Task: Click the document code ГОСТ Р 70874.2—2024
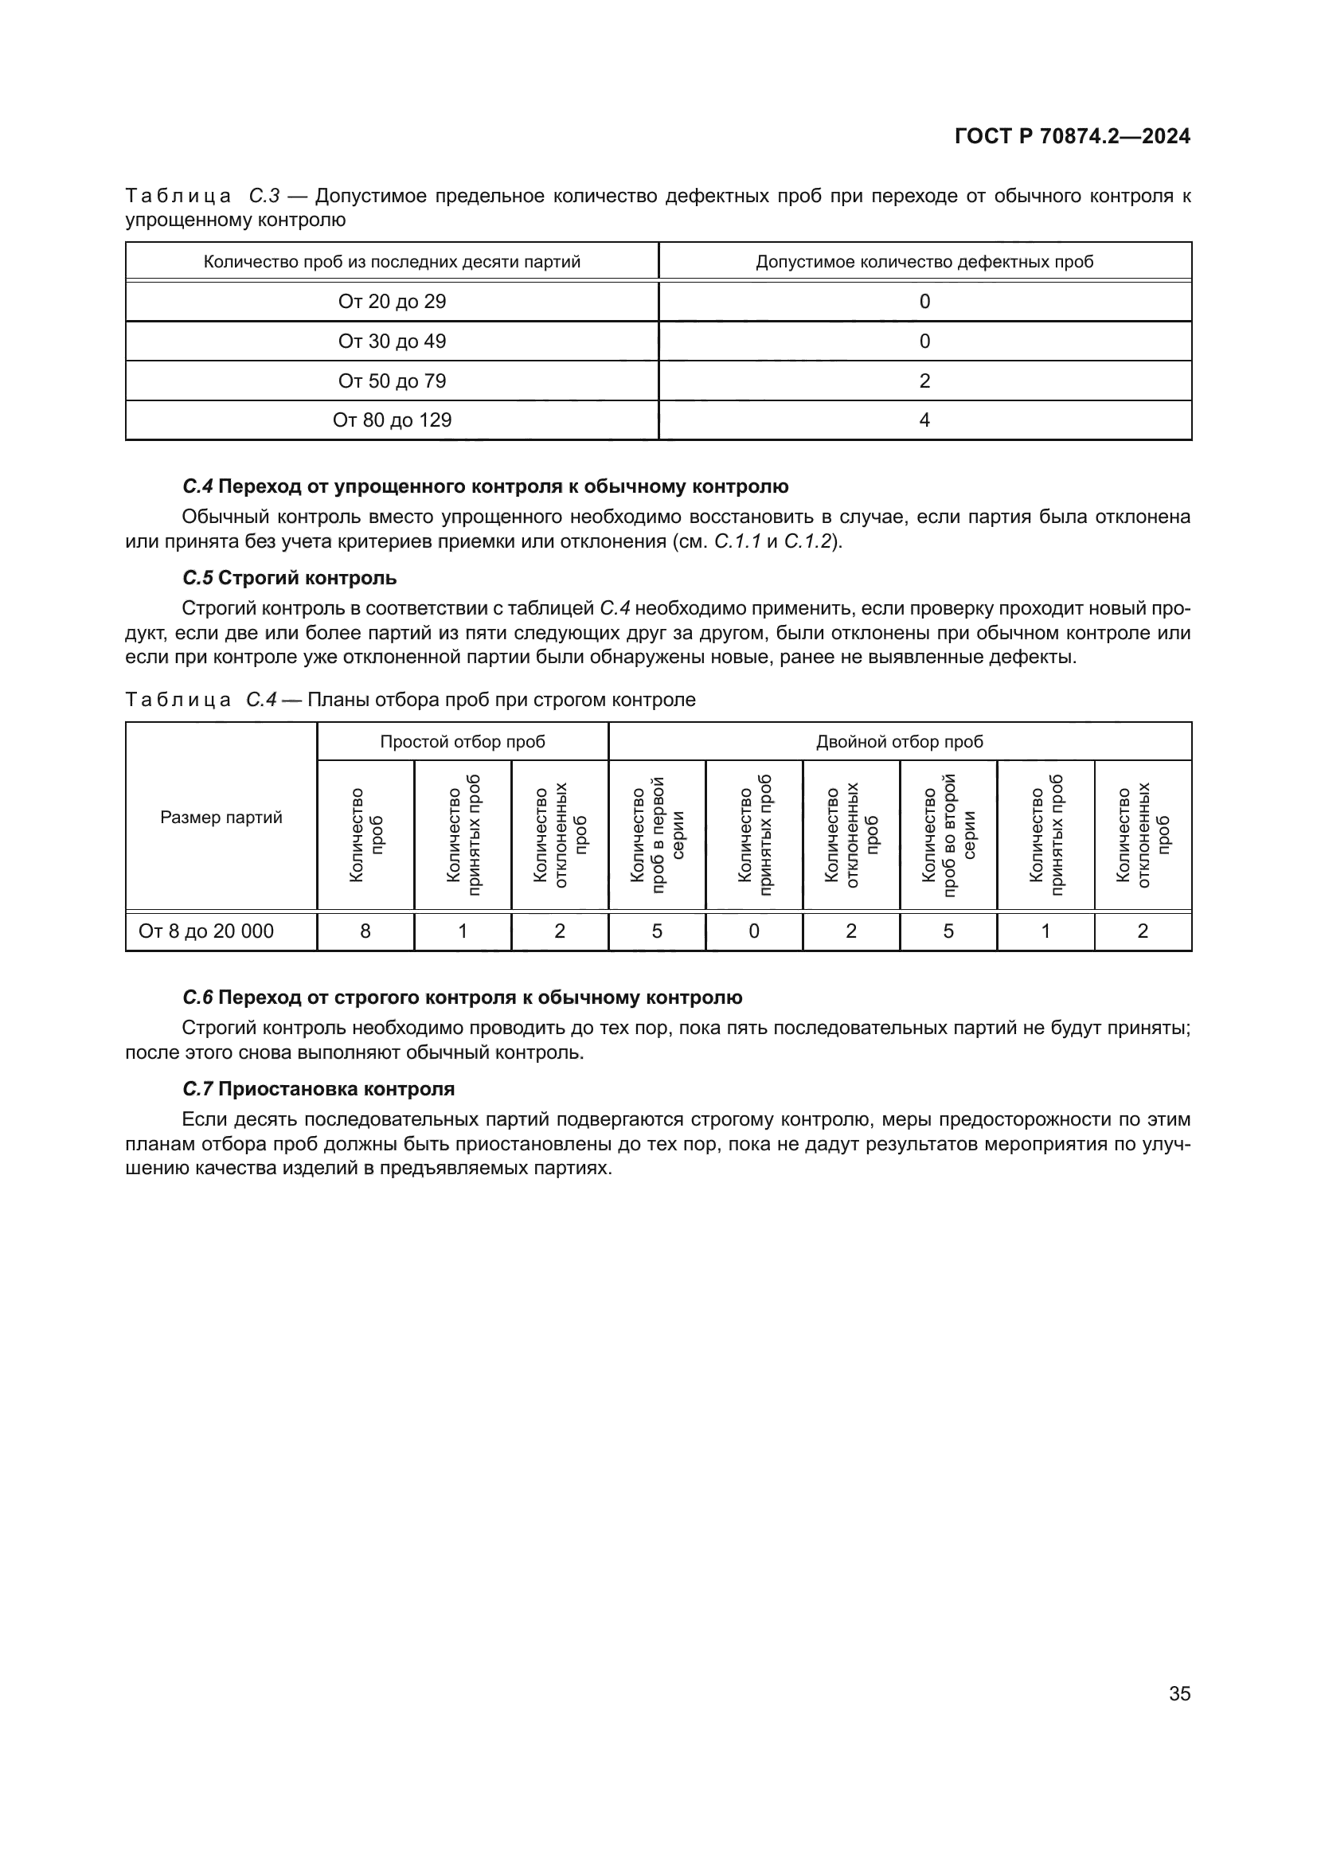point(1071,136)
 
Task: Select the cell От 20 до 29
point(392,302)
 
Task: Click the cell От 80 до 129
point(392,420)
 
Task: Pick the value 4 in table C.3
point(924,420)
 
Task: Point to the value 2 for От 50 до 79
point(924,381)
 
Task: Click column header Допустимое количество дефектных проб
point(924,262)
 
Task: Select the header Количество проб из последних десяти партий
point(392,262)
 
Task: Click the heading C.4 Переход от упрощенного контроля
point(485,486)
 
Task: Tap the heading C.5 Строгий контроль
point(290,578)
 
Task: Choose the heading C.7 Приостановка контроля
point(318,1089)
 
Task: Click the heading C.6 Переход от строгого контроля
point(463,997)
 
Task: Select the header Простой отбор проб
point(463,742)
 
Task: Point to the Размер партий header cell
point(221,818)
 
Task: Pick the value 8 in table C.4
point(365,931)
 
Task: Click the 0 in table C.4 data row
point(753,931)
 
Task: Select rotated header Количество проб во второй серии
point(948,835)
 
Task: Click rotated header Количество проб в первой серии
point(657,835)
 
